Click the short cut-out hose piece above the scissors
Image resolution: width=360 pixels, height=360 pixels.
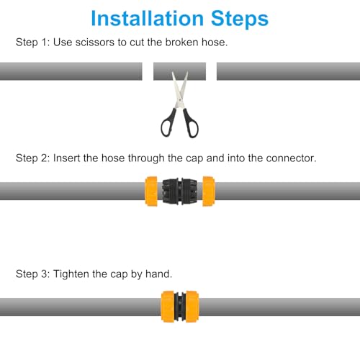[x=179, y=71]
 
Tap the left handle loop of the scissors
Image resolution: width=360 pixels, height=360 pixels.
[x=168, y=127]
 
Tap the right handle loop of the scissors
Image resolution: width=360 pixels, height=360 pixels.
[x=190, y=127]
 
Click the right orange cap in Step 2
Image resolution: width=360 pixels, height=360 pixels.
[x=209, y=191]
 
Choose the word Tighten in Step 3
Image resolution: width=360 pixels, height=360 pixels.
[x=73, y=274]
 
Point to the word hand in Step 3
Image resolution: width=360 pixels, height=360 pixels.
[x=157, y=274]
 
